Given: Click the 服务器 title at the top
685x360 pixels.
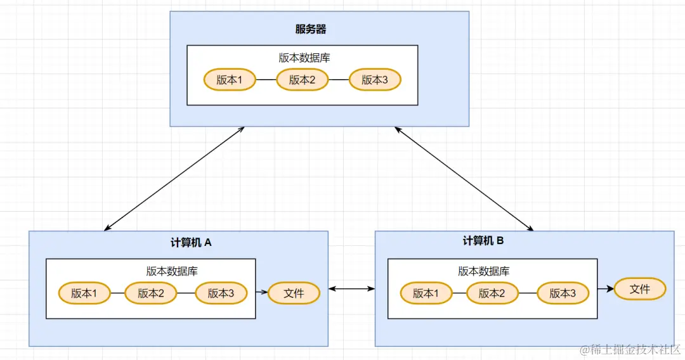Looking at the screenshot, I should [311, 29].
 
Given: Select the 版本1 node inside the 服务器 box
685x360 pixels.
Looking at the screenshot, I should [230, 80].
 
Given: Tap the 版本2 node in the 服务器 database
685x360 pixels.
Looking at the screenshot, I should [303, 80].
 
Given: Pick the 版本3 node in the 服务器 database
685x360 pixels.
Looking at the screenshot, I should [375, 80].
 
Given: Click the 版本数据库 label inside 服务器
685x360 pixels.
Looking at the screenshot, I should [304, 58].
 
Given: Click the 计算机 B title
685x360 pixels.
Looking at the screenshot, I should [483, 241].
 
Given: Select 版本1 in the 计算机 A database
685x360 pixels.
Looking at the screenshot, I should [84, 293].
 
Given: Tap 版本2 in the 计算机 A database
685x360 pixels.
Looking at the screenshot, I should [150, 293].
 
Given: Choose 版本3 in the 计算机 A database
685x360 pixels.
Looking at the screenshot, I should [221, 293].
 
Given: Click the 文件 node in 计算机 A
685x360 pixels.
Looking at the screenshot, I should [294, 293].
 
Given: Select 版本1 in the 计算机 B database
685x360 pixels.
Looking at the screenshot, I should [426, 293].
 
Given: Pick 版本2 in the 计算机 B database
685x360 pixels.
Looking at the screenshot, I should [492, 293].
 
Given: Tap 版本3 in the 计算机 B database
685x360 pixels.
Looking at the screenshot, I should [563, 293].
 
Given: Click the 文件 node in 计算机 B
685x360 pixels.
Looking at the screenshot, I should [640, 289].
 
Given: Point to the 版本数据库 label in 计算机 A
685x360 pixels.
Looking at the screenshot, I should [172, 271].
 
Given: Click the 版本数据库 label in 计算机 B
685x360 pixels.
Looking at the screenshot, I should [484, 271].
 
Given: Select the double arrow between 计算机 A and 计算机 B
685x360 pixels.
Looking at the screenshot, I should [351, 290].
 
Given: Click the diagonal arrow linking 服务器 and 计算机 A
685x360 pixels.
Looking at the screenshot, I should [174, 178].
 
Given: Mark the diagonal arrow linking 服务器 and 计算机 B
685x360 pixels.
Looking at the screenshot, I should [464, 178].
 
